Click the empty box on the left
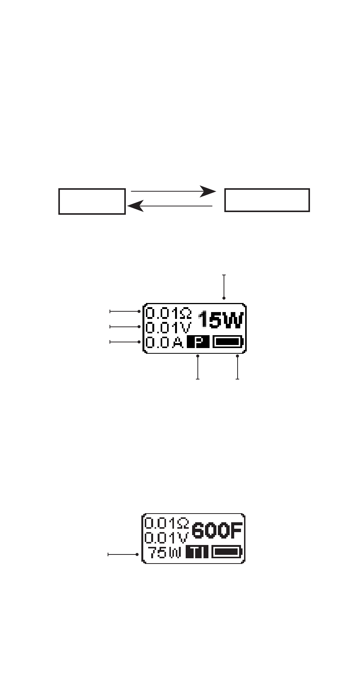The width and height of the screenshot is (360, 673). pyautogui.click(x=92, y=201)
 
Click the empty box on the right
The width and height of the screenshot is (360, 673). pyautogui.click(x=267, y=200)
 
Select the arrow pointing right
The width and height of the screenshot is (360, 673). pyautogui.click(x=173, y=192)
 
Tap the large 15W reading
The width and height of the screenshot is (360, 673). pyautogui.click(x=221, y=320)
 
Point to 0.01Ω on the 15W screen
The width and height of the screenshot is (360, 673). pyautogui.click(x=169, y=313)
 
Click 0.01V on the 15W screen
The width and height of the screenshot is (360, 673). pyautogui.click(x=168, y=327)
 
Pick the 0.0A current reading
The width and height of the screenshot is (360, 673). pyautogui.click(x=164, y=342)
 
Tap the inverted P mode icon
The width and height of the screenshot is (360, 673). pyautogui.click(x=198, y=342)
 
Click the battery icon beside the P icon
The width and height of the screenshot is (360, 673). pyautogui.click(x=228, y=342)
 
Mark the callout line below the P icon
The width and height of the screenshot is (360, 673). pyautogui.click(x=197, y=367)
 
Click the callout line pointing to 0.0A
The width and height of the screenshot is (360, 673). pyautogui.click(x=125, y=342)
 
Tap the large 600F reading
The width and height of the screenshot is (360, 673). pyautogui.click(x=217, y=531)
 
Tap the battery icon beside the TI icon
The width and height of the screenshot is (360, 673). pyautogui.click(x=226, y=552)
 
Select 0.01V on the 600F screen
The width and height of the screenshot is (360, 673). pyautogui.click(x=166, y=538)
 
